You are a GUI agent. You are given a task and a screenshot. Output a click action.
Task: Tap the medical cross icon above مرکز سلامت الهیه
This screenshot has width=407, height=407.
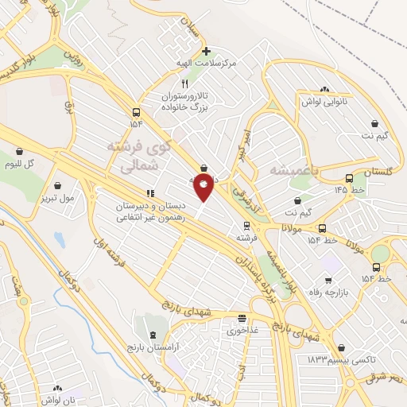[206, 50]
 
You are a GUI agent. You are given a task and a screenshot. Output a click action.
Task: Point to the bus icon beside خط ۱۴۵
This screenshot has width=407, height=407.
[350, 179]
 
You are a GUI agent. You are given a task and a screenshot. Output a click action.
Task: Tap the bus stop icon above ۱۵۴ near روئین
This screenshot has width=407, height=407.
[136, 112]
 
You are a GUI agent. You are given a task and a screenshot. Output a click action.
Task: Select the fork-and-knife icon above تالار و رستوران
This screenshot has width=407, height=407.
[184, 83]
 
